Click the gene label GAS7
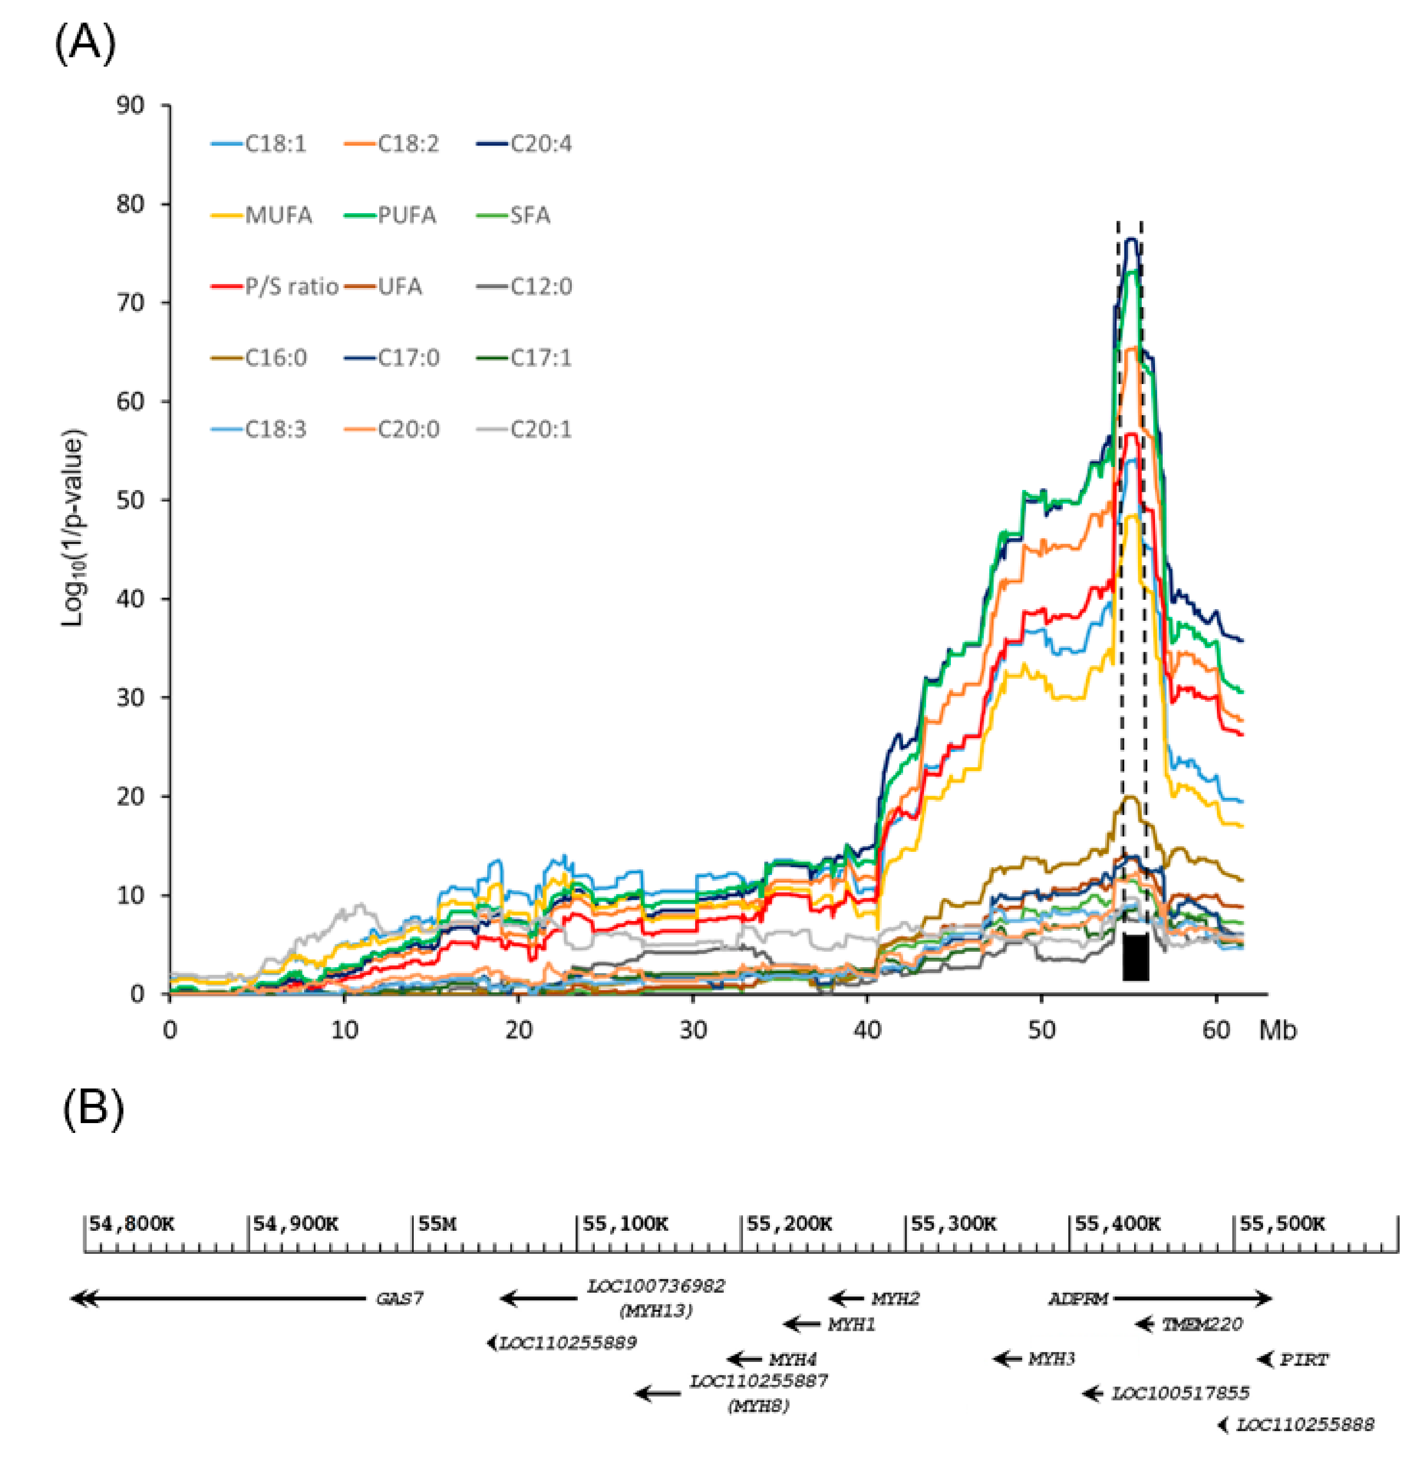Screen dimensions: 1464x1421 (400, 1298)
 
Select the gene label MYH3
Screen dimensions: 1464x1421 (1051, 1358)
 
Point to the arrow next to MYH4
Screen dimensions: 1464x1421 (745, 1358)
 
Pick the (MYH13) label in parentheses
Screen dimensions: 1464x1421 (655, 1310)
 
